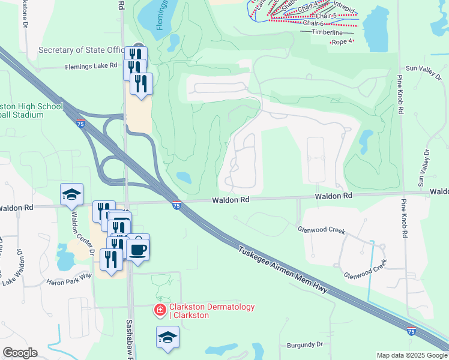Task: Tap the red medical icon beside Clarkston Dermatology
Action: click(x=160, y=310)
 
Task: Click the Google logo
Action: click(x=20, y=353)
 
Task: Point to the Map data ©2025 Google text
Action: click(x=411, y=355)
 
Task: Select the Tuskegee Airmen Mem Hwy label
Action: click(x=282, y=269)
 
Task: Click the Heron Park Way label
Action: click(x=68, y=275)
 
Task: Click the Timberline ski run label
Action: click(x=327, y=32)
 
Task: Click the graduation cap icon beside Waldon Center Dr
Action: click(x=71, y=194)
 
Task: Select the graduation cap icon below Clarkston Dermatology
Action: click(x=167, y=337)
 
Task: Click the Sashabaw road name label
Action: click(x=129, y=336)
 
